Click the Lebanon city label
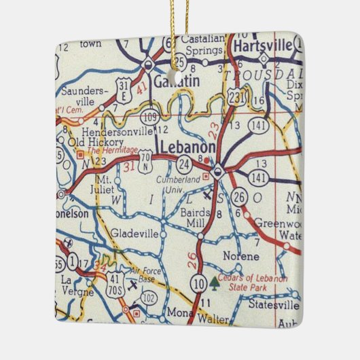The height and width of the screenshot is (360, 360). pyautogui.click(x=187, y=147)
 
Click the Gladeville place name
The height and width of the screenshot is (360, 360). pyautogui.click(x=134, y=233)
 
